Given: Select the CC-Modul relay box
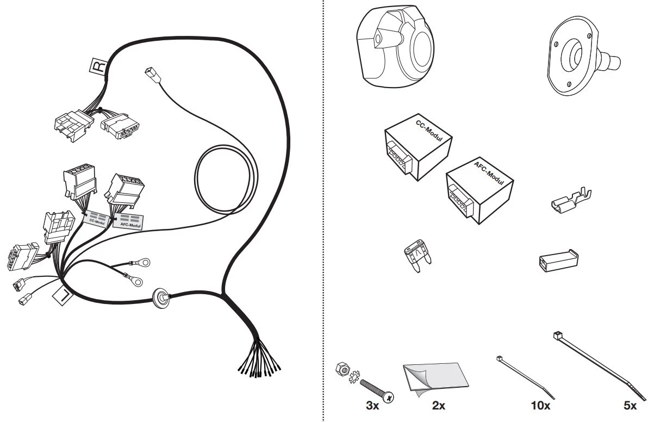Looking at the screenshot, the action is (418, 147).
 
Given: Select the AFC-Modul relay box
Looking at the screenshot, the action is (479, 190).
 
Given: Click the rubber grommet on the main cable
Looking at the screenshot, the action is (161, 298).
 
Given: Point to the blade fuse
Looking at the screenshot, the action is (418, 256).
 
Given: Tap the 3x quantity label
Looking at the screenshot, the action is (372, 405).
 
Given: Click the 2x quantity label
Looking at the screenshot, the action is (439, 405).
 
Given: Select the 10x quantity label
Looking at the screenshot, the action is (540, 405).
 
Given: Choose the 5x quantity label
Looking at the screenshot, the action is (630, 405).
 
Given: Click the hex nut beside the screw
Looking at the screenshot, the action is (342, 369).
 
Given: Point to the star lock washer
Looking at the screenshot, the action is (354, 377).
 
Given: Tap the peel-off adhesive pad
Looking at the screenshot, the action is (435, 378).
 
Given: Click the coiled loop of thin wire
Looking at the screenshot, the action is (226, 180).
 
